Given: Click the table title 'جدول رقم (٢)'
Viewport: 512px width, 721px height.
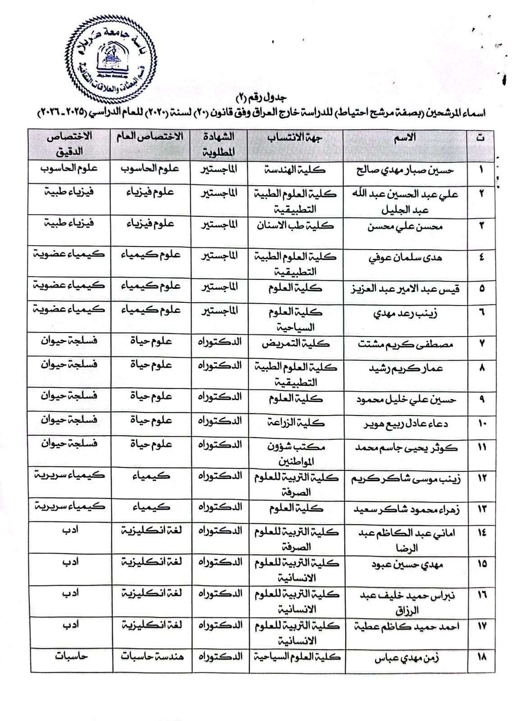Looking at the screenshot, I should [261, 97].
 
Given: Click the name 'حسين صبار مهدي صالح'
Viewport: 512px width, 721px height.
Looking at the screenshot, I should [405, 170].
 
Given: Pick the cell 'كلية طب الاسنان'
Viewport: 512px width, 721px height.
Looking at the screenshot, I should [295, 225].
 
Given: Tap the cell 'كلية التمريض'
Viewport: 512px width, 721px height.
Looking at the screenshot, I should [295, 344].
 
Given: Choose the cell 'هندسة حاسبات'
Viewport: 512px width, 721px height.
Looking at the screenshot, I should [152, 656].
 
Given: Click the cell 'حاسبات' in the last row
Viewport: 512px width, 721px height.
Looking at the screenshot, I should [71, 656].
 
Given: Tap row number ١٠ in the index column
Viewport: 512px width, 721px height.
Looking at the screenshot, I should [481, 424].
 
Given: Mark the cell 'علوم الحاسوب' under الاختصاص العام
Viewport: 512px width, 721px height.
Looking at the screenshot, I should [150, 169].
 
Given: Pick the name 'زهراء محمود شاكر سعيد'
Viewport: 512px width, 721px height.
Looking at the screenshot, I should [405, 510].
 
